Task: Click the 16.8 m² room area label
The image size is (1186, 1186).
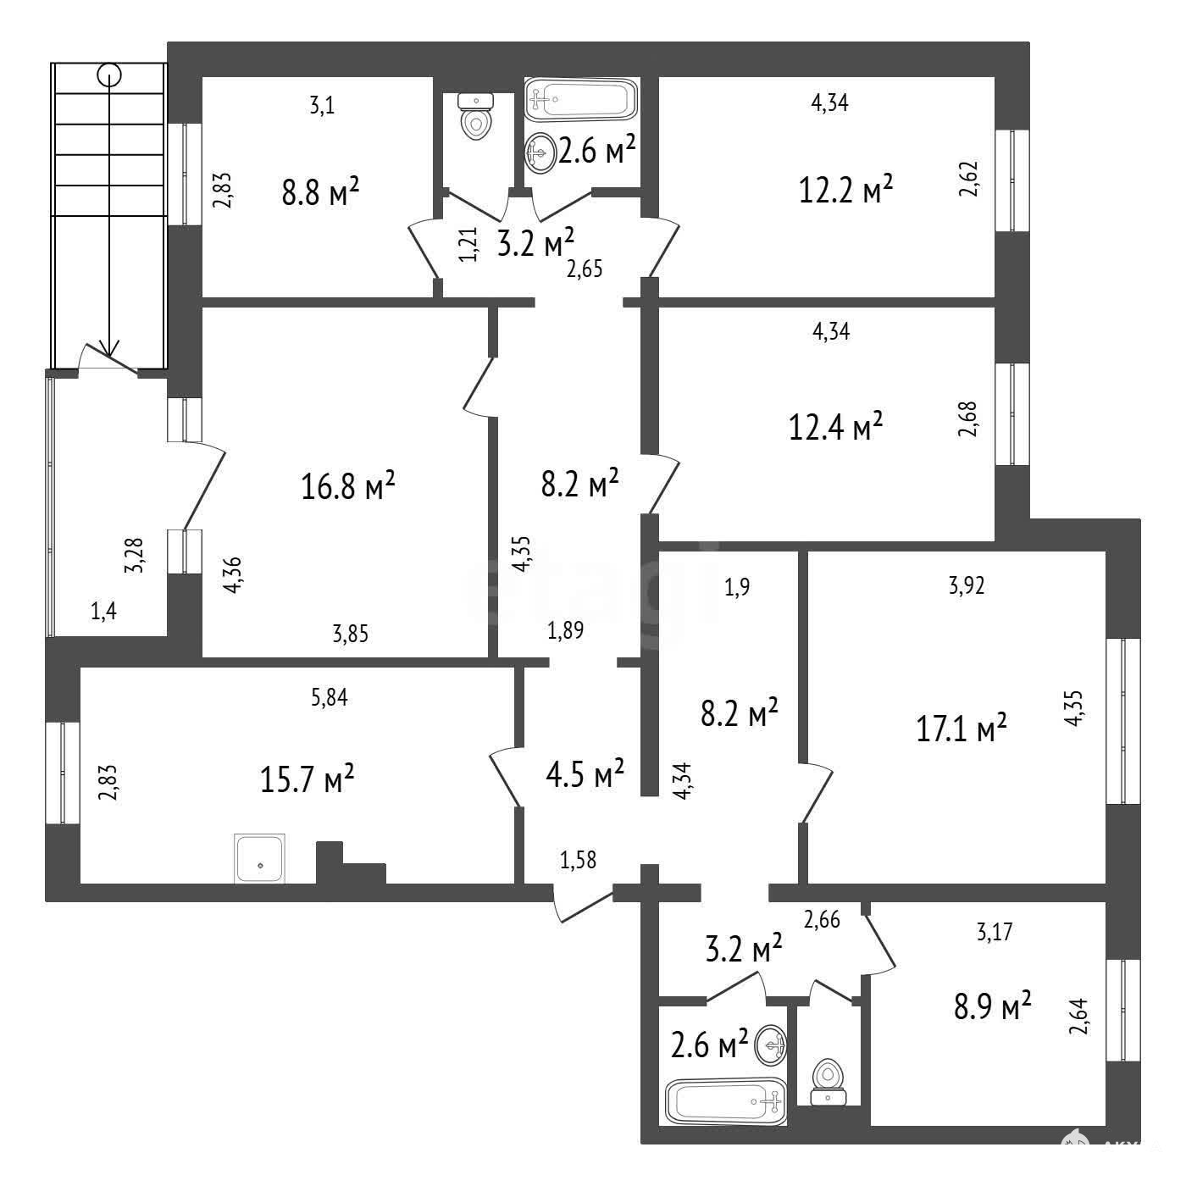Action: pyautogui.click(x=347, y=486)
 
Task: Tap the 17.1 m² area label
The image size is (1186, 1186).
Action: pyautogui.click(x=962, y=728)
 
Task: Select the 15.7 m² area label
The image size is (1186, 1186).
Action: pyautogui.click(x=308, y=779)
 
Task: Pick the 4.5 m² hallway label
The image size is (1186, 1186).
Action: pyautogui.click(x=585, y=773)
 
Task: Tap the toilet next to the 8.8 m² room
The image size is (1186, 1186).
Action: pyautogui.click(x=476, y=117)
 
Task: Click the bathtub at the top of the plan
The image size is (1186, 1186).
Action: pyautogui.click(x=581, y=100)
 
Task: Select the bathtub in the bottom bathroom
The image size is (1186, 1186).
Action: pyautogui.click(x=726, y=1100)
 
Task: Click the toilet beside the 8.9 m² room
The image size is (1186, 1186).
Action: pyautogui.click(x=828, y=1082)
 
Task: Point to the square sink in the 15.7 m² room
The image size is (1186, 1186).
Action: pyautogui.click(x=260, y=858)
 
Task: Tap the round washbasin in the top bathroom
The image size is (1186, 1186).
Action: pyautogui.click(x=540, y=152)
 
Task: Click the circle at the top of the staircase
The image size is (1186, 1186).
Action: pyautogui.click(x=109, y=75)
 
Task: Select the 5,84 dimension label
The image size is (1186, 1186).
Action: pyautogui.click(x=330, y=698)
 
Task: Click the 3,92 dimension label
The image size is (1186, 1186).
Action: pyautogui.click(x=967, y=586)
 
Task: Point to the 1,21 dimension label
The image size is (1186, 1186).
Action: pyautogui.click(x=469, y=244)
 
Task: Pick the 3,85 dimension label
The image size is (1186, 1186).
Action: pyautogui.click(x=350, y=634)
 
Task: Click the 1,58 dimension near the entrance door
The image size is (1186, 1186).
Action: pyautogui.click(x=578, y=860)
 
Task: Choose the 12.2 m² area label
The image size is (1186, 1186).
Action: pyautogui.click(x=845, y=189)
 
